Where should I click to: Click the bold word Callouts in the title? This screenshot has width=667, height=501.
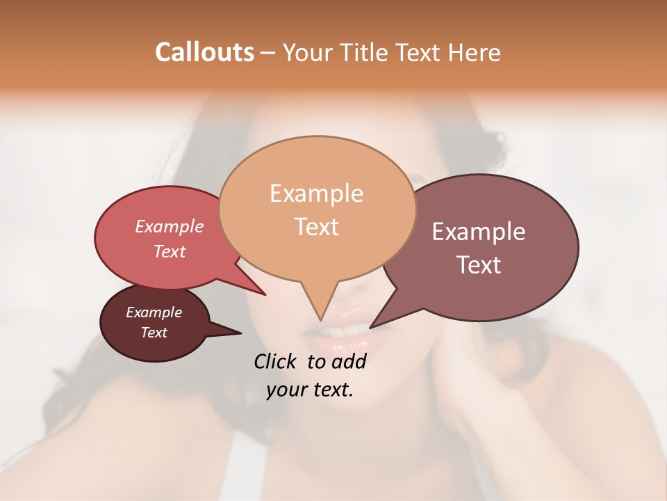click(204, 52)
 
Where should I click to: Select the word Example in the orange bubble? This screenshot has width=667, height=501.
click(316, 193)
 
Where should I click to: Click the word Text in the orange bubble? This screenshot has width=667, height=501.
click(316, 227)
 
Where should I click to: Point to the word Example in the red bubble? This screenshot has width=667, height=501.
click(169, 227)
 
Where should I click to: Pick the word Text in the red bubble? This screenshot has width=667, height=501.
click(169, 252)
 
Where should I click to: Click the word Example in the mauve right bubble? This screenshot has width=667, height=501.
click(478, 232)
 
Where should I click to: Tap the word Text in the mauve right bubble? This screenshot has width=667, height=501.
click(478, 265)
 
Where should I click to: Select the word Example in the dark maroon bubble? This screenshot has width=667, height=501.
click(154, 312)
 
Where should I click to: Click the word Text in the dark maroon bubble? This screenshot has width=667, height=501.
click(154, 333)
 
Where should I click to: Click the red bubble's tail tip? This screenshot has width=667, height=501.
click(265, 295)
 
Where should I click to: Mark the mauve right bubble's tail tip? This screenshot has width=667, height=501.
click(370, 327)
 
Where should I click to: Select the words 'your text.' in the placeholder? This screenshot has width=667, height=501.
click(309, 390)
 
